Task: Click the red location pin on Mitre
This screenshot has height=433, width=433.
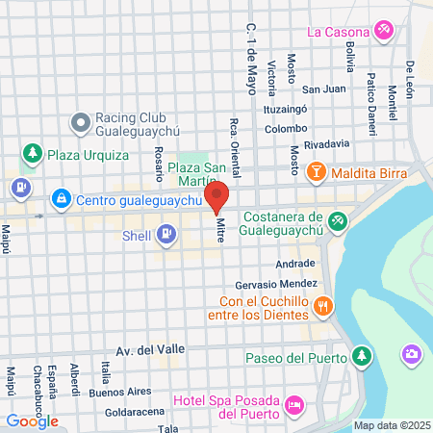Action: pos(216,196)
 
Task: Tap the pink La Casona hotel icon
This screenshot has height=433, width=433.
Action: pos(384,30)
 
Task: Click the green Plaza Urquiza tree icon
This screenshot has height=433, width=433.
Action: pos(33,153)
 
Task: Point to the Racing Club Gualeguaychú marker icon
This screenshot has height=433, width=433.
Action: pos(81,122)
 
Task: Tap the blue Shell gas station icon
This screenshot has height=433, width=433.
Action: pos(167,233)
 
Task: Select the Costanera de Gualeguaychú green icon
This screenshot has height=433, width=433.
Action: pos(337,220)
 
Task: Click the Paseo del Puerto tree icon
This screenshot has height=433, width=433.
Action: pos(361,357)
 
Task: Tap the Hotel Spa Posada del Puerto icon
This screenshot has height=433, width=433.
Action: pos(294,406)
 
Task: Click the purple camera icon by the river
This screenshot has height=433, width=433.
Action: pos(411,355)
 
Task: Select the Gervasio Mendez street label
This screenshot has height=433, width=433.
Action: pos(276,286)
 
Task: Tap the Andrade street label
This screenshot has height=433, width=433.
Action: pos(294,263)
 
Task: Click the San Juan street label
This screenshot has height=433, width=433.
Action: pos(323,89)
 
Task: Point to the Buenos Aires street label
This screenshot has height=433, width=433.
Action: pos(120,392)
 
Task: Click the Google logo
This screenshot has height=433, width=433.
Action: pos(33,420)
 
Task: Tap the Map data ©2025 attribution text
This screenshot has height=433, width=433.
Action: pos(390,425)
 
